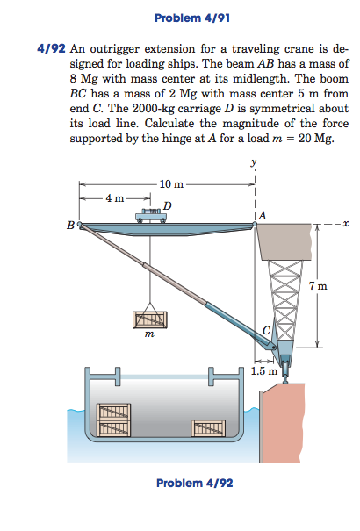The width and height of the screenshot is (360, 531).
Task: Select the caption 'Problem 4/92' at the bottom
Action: pyautogui.click(x=194, y=484)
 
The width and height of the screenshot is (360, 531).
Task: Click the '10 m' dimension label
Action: pyautogui.click(x=172, y=183)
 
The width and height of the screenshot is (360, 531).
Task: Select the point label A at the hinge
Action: pyautogui.click(x=263, y=214)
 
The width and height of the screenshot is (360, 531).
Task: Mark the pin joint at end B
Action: pyautogui.click(x=82, y=226)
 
